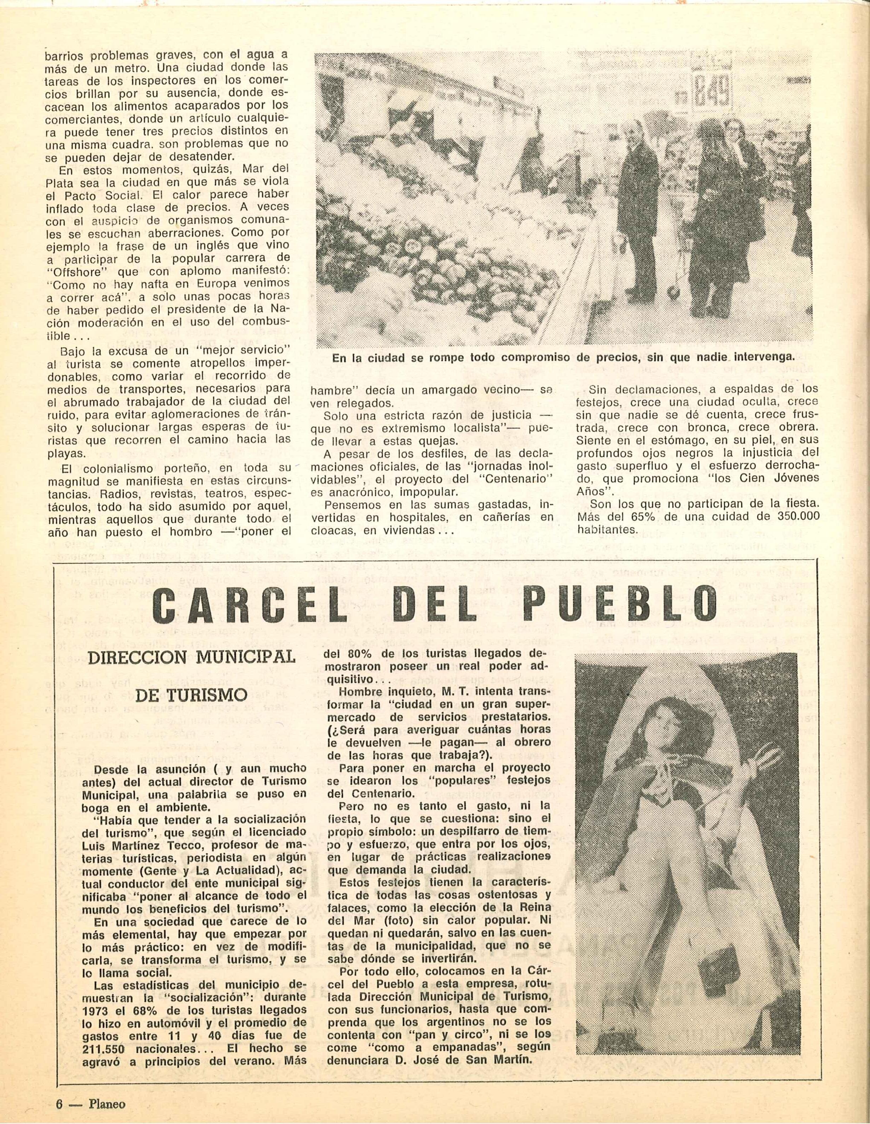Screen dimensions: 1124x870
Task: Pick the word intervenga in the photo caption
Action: (x=761, y=357)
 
